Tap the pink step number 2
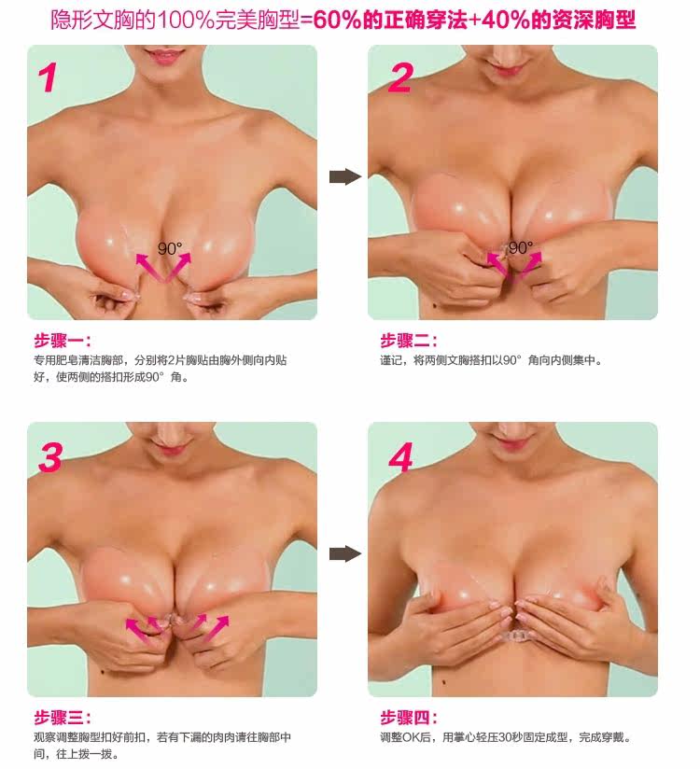click(x=399, y=77)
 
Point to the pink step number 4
click(x=399, y=456)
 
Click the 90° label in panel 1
click(x=170, y=249)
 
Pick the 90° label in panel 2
click(x=520, y=248)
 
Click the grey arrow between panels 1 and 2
click(x=345, y=176)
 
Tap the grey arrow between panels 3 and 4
click(x=345, y=554)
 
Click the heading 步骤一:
click(x=64, y=341)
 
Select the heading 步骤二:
click(x=409, y=341)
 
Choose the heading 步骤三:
click(x=64, y=718)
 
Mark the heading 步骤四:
click(x=409, y=718)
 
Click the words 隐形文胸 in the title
click(x=92, y=20)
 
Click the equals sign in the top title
click(x=306, y=20)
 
